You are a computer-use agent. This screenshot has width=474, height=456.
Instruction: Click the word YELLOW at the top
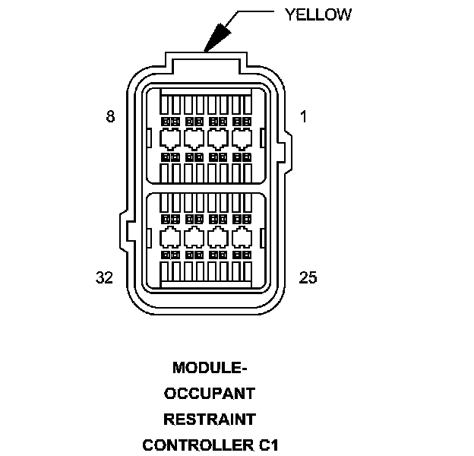pos(318,14)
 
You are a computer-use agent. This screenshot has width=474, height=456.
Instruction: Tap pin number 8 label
pos(111,117)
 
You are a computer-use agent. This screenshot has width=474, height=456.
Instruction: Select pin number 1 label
pos(303,117)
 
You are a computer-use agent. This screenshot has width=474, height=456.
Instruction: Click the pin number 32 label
pos(105,277)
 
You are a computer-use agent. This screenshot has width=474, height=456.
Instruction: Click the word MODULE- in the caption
pos(210,369)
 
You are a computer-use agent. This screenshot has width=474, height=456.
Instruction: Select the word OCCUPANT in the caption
pos(210,394)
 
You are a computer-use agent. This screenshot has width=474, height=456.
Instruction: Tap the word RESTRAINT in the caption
pos(210,419)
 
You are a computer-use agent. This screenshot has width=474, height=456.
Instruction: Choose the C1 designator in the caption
pos(267,444)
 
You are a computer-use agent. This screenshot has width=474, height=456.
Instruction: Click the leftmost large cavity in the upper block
pos(169,138)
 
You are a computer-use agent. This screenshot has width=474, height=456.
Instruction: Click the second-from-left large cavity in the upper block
pos(193,138)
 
